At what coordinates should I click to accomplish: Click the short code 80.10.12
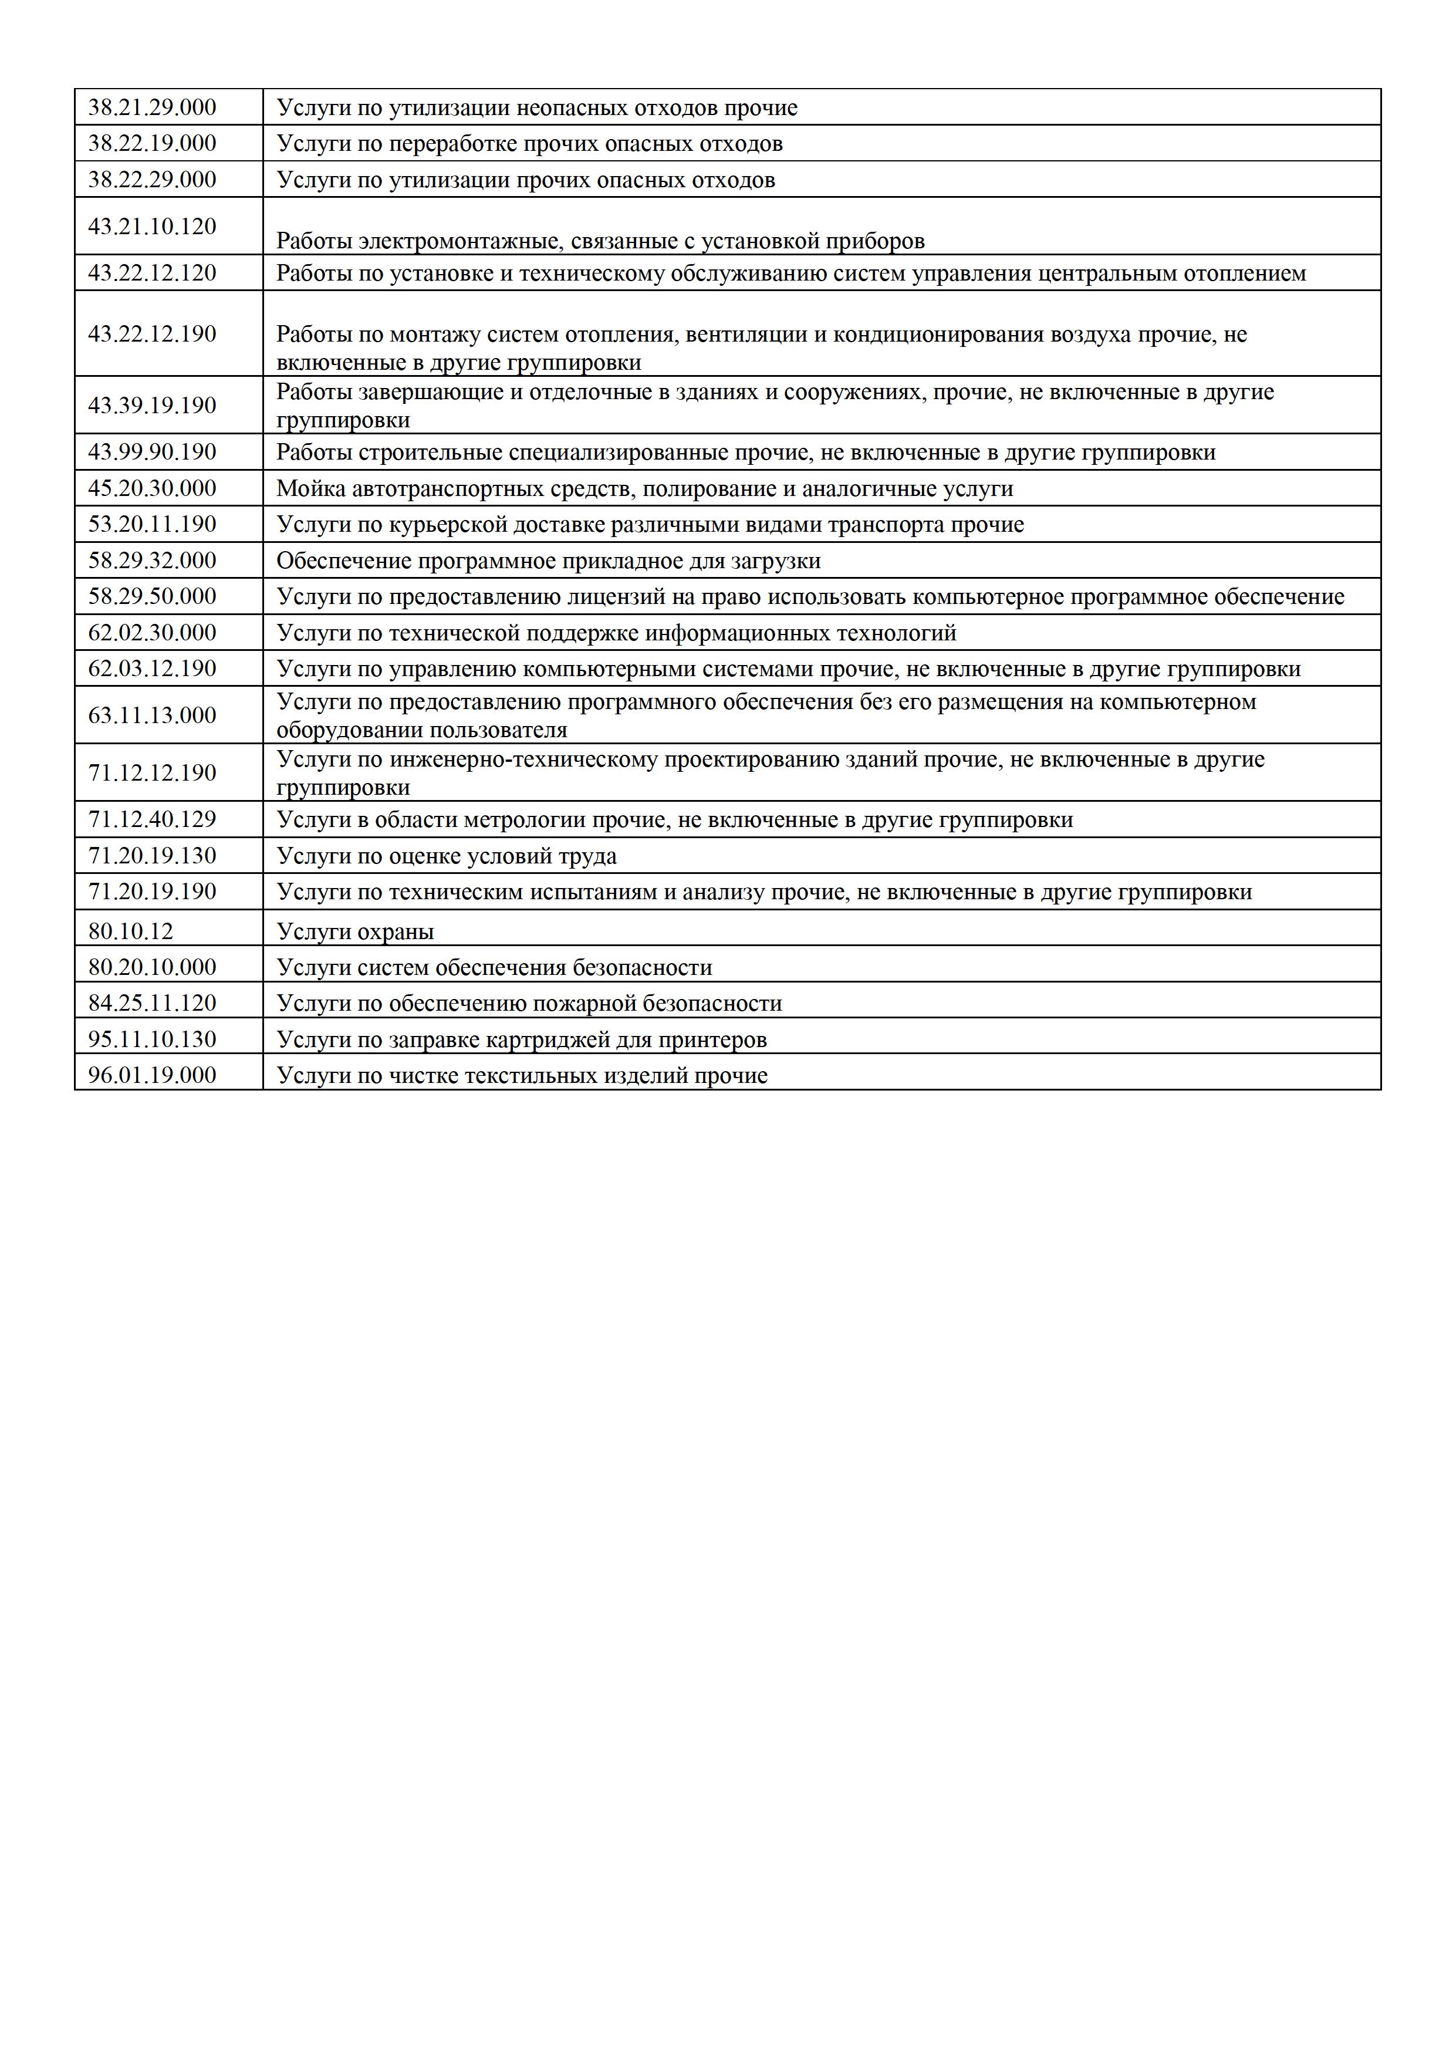(x=130, y=931)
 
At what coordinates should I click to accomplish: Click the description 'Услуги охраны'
(x=355, y=931)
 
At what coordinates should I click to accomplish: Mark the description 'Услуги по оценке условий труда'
(x=447, y=856)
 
